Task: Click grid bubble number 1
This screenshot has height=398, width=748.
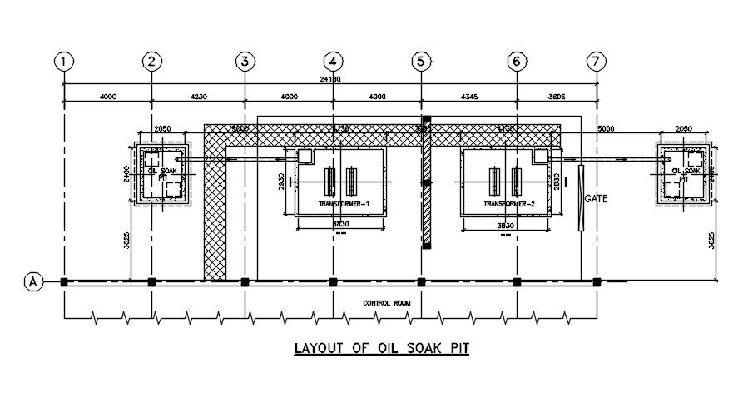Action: (x=64, y=61)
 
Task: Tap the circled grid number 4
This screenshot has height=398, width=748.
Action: (x=333, y=61)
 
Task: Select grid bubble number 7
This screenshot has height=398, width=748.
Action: (x=596, y=61)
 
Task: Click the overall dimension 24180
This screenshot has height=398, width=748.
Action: (x=331, y=79)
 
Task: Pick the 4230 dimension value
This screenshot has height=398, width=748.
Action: (x=198, y=97)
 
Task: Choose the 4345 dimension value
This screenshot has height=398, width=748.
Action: (x=468, y=97)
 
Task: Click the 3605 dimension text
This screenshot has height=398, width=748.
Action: (x=557, y=97)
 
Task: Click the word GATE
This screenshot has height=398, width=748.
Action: (x=597, y=199)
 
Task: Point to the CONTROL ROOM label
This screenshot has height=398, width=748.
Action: (x=387, y=302)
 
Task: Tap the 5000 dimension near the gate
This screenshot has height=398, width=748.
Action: (x=605, y=129)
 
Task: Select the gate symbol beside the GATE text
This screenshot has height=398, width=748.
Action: (x=580, y=197)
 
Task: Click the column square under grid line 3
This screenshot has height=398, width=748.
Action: (x=245, y=282)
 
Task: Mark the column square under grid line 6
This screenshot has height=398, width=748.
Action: (x=517, y=282)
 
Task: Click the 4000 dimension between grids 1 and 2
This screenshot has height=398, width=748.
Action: (x=107, y=97)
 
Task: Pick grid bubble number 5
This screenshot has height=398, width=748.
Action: (x=421, y=61)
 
